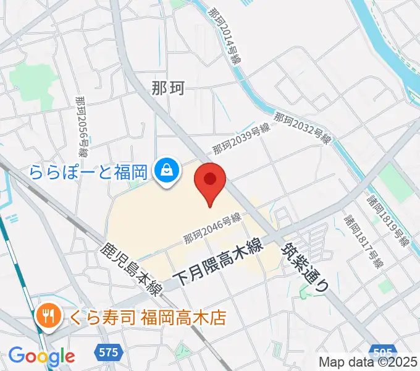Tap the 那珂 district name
coord(167,88)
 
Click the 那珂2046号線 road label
coord(211,229)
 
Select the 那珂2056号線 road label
coord(82,127)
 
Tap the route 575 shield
coord(107,352)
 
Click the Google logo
coord(42,356)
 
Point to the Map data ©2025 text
coord(368,362)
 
